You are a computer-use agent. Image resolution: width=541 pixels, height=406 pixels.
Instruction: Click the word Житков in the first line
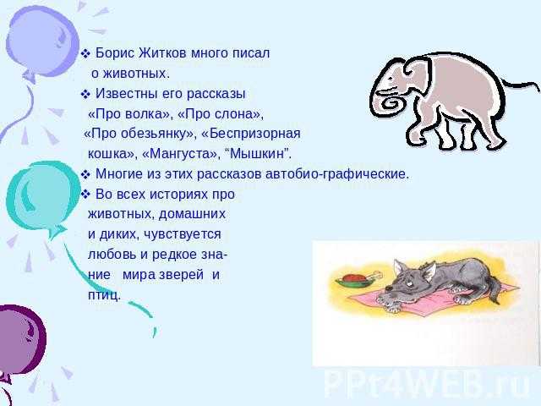coord(162,53)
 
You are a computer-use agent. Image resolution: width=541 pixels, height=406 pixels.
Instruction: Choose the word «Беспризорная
coord(250,134)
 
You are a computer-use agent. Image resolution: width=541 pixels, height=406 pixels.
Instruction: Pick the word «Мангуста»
coord(182,154)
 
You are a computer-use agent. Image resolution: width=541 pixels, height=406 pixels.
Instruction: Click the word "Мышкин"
coord(259,154)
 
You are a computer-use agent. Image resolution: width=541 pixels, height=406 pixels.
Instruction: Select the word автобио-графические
coord(337,174)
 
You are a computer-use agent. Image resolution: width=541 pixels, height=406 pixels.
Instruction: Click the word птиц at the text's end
coord(103,295)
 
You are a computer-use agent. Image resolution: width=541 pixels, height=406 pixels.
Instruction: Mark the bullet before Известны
coord(85,94)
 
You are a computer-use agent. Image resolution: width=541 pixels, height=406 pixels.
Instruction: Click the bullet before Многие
coord(85,175)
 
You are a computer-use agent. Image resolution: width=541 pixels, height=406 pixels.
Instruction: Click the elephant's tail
coord(521,86)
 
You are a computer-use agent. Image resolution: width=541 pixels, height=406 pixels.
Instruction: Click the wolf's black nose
coord(388,288)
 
